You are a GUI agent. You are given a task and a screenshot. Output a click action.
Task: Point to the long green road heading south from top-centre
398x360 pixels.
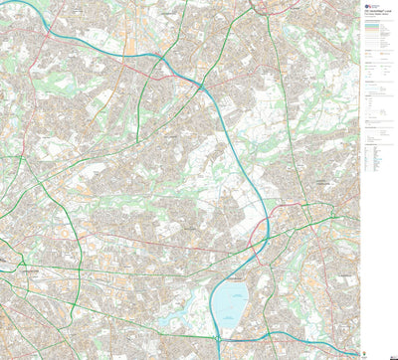[x=284, y=99]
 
